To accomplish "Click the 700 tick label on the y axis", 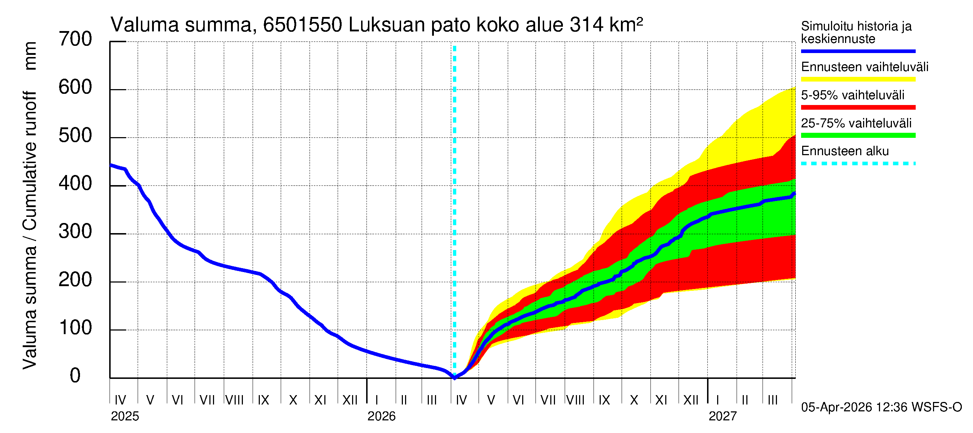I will (75, 39).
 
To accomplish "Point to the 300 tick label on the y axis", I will (75, 232).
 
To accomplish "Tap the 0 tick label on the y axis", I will (75, 376).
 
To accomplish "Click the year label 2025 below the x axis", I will (125, 416).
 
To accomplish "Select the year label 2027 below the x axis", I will (722, 416).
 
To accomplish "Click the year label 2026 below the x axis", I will (381, 416).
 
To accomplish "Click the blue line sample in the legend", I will (858, 51).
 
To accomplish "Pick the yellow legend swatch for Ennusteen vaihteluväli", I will (858, 79).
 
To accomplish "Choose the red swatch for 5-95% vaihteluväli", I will (858, 108).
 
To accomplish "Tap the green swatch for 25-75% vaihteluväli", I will (858, 135).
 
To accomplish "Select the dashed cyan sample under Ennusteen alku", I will (858, 164).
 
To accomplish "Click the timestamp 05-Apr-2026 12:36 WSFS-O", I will (881, 407).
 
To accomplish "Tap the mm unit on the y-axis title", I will (30, 56).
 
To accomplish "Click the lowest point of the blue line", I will (454, 378).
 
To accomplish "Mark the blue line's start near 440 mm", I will (111, 165).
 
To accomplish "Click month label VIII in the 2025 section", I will (235, 400).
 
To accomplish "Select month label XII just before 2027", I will (691, 400).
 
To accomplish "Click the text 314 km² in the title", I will (606, 25).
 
